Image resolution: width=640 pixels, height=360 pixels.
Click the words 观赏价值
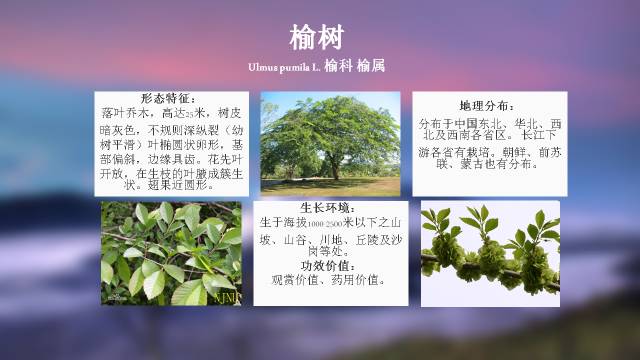pos(293,280)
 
